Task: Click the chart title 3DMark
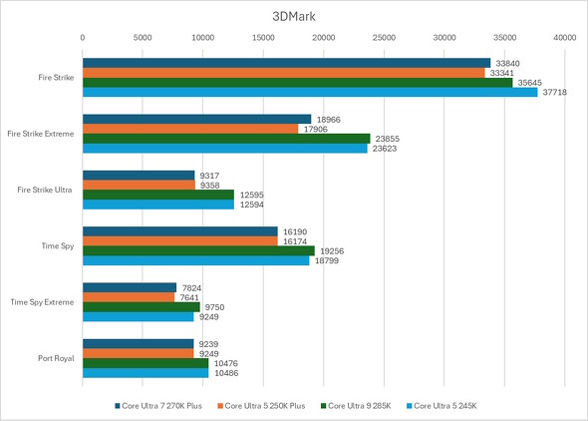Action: tap(293, 17)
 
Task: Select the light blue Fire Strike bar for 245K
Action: tap(309, 93)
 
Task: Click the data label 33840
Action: tap(507, 62)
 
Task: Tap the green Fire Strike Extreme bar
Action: tap(225, 139)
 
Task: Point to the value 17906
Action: tap(316, 129)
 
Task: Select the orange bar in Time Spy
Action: tap(179, 241)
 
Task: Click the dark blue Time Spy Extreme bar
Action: tap(129, 287)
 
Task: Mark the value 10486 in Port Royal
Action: tap(225, 373)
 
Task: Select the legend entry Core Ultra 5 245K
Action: tap(445, 405)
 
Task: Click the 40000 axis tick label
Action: tap(565, 38)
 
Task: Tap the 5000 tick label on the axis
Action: tap(143, 38)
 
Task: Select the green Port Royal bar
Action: tap(146, 363)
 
